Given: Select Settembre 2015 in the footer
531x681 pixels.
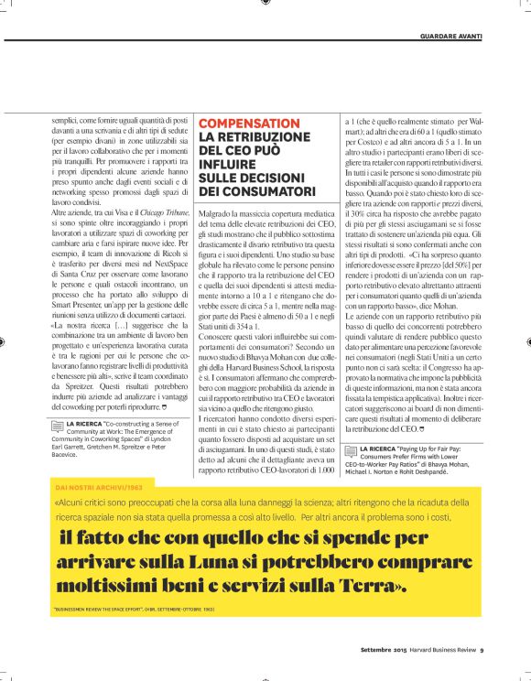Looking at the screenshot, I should [x=384, y=651].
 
